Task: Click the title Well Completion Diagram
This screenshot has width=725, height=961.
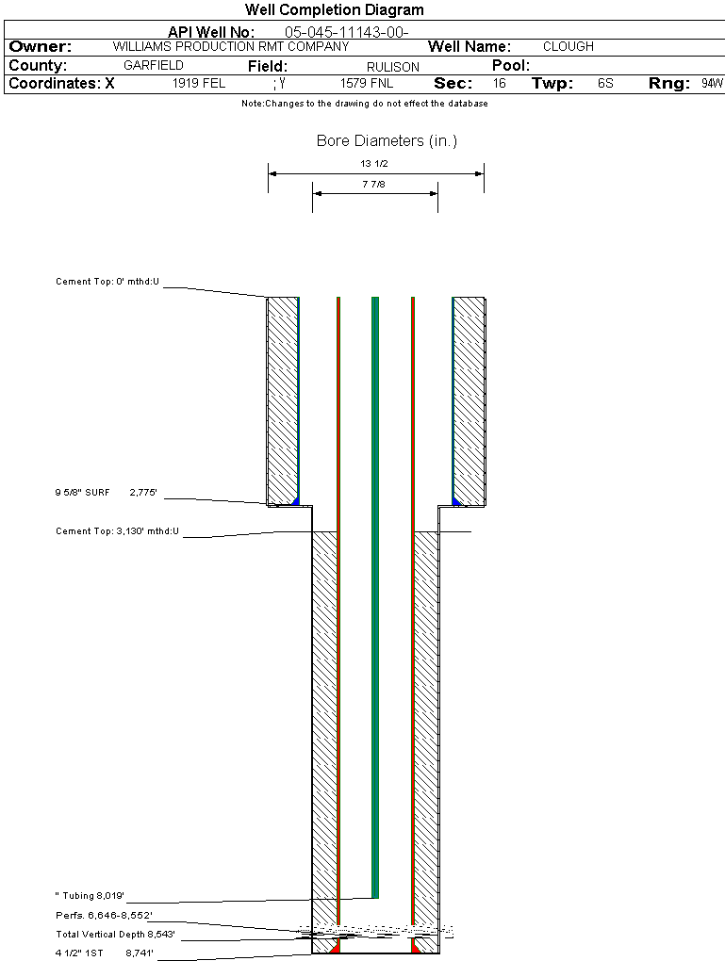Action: tap(335, 9)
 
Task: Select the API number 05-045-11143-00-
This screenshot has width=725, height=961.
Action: tap(347, 32)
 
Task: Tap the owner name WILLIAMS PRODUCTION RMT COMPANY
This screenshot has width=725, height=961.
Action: tap(231, 46)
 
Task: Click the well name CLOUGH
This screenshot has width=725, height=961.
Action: tap(568, 46)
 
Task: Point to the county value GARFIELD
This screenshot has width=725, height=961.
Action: tap(154, 66)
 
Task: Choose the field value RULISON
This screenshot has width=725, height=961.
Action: tap(393, 67)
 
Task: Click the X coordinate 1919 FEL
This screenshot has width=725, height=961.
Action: tap(199, 83)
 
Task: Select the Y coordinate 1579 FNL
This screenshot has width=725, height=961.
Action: tap(367, 83)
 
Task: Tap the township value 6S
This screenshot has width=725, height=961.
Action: tap(605, 83)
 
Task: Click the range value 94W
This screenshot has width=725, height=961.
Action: tap(713, 83)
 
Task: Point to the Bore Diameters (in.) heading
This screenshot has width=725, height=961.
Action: tap(387, 141)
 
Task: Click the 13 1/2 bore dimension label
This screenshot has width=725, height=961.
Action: tap(374, 164)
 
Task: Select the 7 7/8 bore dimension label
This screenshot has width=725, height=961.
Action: tap(374, 184)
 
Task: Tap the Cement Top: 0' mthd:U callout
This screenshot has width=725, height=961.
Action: tap(107, 282)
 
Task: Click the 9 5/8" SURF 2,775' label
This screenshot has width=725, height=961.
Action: tap(107, 492)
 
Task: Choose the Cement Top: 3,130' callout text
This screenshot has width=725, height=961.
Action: tap(117, 531)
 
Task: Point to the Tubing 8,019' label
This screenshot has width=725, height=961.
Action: tap(90, 896)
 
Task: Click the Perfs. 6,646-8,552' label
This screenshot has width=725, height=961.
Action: tap(104, 916)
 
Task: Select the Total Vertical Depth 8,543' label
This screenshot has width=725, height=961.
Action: tap(115, 935)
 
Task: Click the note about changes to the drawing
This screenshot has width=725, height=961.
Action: tap(364, 104)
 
